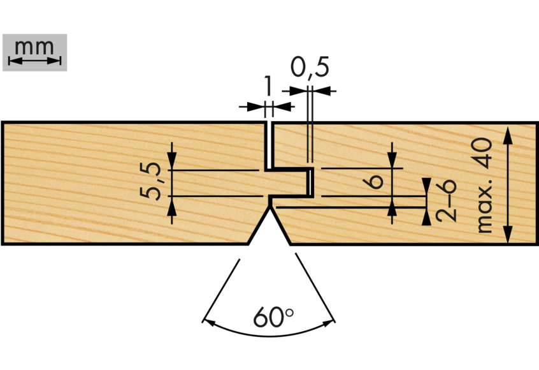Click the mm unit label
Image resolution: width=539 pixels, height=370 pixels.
(35, 47)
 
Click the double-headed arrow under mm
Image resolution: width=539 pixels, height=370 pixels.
(35, 61)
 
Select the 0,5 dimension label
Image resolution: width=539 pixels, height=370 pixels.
(310, 66)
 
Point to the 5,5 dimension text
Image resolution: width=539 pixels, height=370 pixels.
(152, 182)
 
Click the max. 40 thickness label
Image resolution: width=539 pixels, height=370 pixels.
(484, 185)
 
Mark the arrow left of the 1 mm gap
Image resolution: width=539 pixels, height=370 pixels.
(254, 106)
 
